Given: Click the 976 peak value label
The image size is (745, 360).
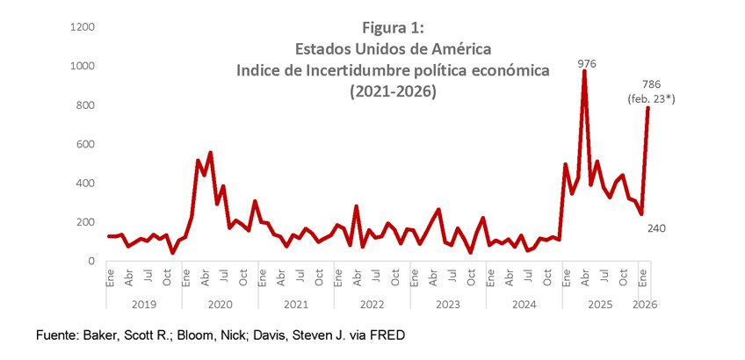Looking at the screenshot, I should coord(588,63).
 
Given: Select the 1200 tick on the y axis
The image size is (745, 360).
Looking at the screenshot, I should coord(83,27).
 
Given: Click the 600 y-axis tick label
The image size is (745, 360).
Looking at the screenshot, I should coord(85,144).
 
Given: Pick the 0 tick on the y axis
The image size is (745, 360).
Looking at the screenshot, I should coord(91,261).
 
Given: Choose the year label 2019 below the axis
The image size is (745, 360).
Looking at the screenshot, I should coord(145,305).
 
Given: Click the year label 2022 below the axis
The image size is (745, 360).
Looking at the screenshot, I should coord(371,305).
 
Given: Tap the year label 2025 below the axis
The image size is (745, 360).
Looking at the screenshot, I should coord(599,305).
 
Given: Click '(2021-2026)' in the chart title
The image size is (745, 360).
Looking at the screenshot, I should coord(393,90).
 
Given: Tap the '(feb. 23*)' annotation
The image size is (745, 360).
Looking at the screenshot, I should coord(651,99).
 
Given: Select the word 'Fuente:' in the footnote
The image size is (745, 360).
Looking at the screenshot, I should coord(57,335).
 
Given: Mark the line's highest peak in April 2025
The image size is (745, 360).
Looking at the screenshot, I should coord(584,72).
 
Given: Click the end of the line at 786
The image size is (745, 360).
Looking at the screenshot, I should coord(647,108).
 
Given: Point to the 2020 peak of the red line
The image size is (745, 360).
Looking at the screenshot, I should coord(210,153).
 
